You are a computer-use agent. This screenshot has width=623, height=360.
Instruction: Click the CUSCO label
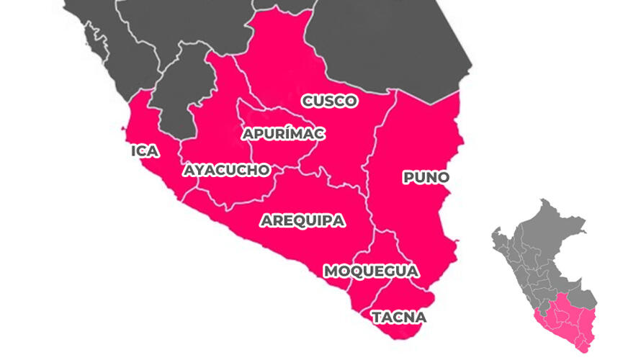(x=329, y=101)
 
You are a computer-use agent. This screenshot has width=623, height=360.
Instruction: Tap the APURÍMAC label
(x=283, y=134)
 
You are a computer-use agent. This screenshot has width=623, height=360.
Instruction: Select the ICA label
(x=145, y=151)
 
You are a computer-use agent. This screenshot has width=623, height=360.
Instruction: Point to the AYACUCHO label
(x=227, y=170)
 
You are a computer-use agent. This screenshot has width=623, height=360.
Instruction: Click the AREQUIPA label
(x=302, y=220)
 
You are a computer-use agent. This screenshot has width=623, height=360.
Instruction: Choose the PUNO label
(x=426, y=177)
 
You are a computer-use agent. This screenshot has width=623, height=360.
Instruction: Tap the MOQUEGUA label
(x=370, y=271)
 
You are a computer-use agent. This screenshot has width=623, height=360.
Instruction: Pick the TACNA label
(x=398, y=317)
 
